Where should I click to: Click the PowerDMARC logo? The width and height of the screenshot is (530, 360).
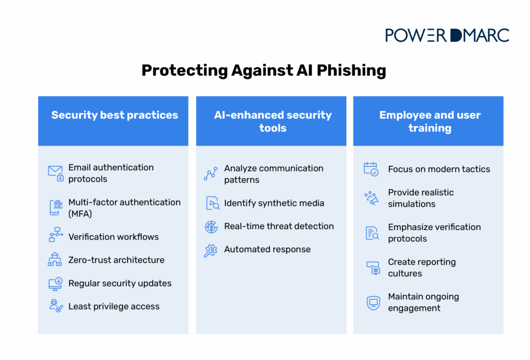pyautogui.click(x=447, y=35)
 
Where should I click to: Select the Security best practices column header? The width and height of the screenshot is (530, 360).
pyautogui.click(x=114, y=115)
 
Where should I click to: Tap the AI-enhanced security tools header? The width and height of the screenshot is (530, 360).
pyautogui.click(x=272, y=121)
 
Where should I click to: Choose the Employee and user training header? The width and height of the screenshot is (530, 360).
pyautogui.click(x=429, y=121)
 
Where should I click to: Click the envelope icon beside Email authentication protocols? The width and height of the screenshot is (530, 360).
pyautogui.click(x=55, y=173)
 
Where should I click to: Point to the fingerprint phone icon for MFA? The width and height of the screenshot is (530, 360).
pyautogui.click(x=55, y=208)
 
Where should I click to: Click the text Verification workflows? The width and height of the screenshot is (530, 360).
pyautogui.click(x=113, y=237)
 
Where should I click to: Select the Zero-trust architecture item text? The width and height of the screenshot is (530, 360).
pyautogui.click(x=116, y=260)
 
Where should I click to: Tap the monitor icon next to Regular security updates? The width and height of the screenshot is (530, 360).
pyautogui.click(x=55, y=283)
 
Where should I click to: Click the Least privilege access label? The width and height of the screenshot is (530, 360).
pyautogui.click(x=114, y=306)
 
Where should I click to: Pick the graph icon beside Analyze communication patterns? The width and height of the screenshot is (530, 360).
pyautogui.click(x=210, y=174)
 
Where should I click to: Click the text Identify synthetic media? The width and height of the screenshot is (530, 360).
pyautogui.click(x=274, y=203)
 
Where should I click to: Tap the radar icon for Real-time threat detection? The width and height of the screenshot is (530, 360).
pyautogui.click(x=211, y=227)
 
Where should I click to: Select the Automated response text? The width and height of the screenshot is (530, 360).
pyautogui.click(x=267, y=249)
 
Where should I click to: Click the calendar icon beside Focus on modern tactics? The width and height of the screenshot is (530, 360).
pyautogui.click(x=371, y=169)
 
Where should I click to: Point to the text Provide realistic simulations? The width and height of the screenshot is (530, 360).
pyautogui.click(x=420, y=198)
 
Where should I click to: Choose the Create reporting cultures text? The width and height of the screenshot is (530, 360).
pyautogui.click(x=421, y=267)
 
